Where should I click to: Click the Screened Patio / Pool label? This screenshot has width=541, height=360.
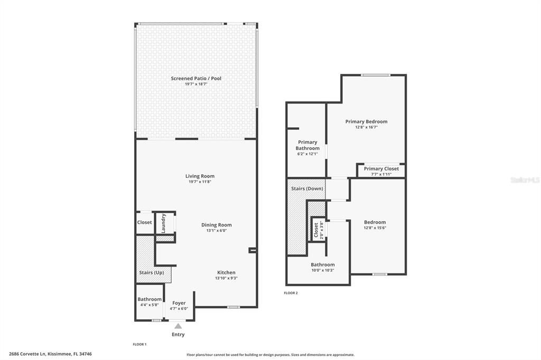(196, 79)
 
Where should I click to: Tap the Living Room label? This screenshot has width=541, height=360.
(200, 176)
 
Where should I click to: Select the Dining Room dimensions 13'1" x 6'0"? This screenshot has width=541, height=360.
(216, 231)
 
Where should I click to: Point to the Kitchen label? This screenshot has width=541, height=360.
(226, 272)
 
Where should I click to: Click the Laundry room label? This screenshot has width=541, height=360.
(164, 223)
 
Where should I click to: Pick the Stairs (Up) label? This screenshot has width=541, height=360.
(151, 273)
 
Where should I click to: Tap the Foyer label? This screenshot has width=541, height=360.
(179, 303)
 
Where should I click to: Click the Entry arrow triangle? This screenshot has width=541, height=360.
(178, 326)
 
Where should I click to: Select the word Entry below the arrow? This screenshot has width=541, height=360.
(178, 335)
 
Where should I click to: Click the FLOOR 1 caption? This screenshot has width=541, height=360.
(139, 344)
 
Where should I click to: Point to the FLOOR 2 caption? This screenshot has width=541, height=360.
(291, 293)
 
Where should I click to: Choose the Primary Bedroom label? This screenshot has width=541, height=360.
(366, 121)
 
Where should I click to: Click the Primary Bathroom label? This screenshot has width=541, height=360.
(307, 145)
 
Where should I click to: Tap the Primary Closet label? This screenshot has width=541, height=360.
(381, 169)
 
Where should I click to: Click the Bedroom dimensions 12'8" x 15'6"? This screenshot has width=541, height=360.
(375, 228)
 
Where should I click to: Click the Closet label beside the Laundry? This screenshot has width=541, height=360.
(144, 222)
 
